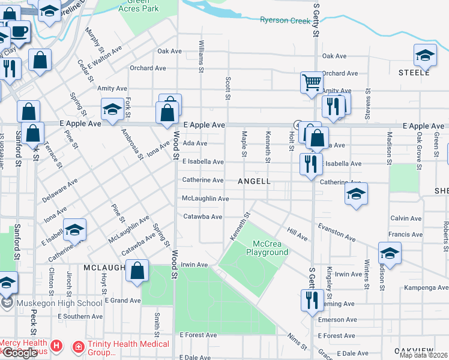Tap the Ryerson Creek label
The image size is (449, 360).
click(x=286, y=20)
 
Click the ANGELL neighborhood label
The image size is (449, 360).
click(x=254, y=181)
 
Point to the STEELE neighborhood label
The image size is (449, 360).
click(x=414, y=73)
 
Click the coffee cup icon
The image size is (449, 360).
click(x=20, y=31)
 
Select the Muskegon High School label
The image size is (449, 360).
click(x=59, y=303)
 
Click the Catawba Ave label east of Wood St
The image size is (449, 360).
click(x=202, y=217)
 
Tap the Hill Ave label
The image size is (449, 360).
click(x=297, y=234)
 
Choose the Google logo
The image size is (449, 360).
click(x=19, y=352)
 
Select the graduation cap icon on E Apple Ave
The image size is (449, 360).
click(x=112, y=109)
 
